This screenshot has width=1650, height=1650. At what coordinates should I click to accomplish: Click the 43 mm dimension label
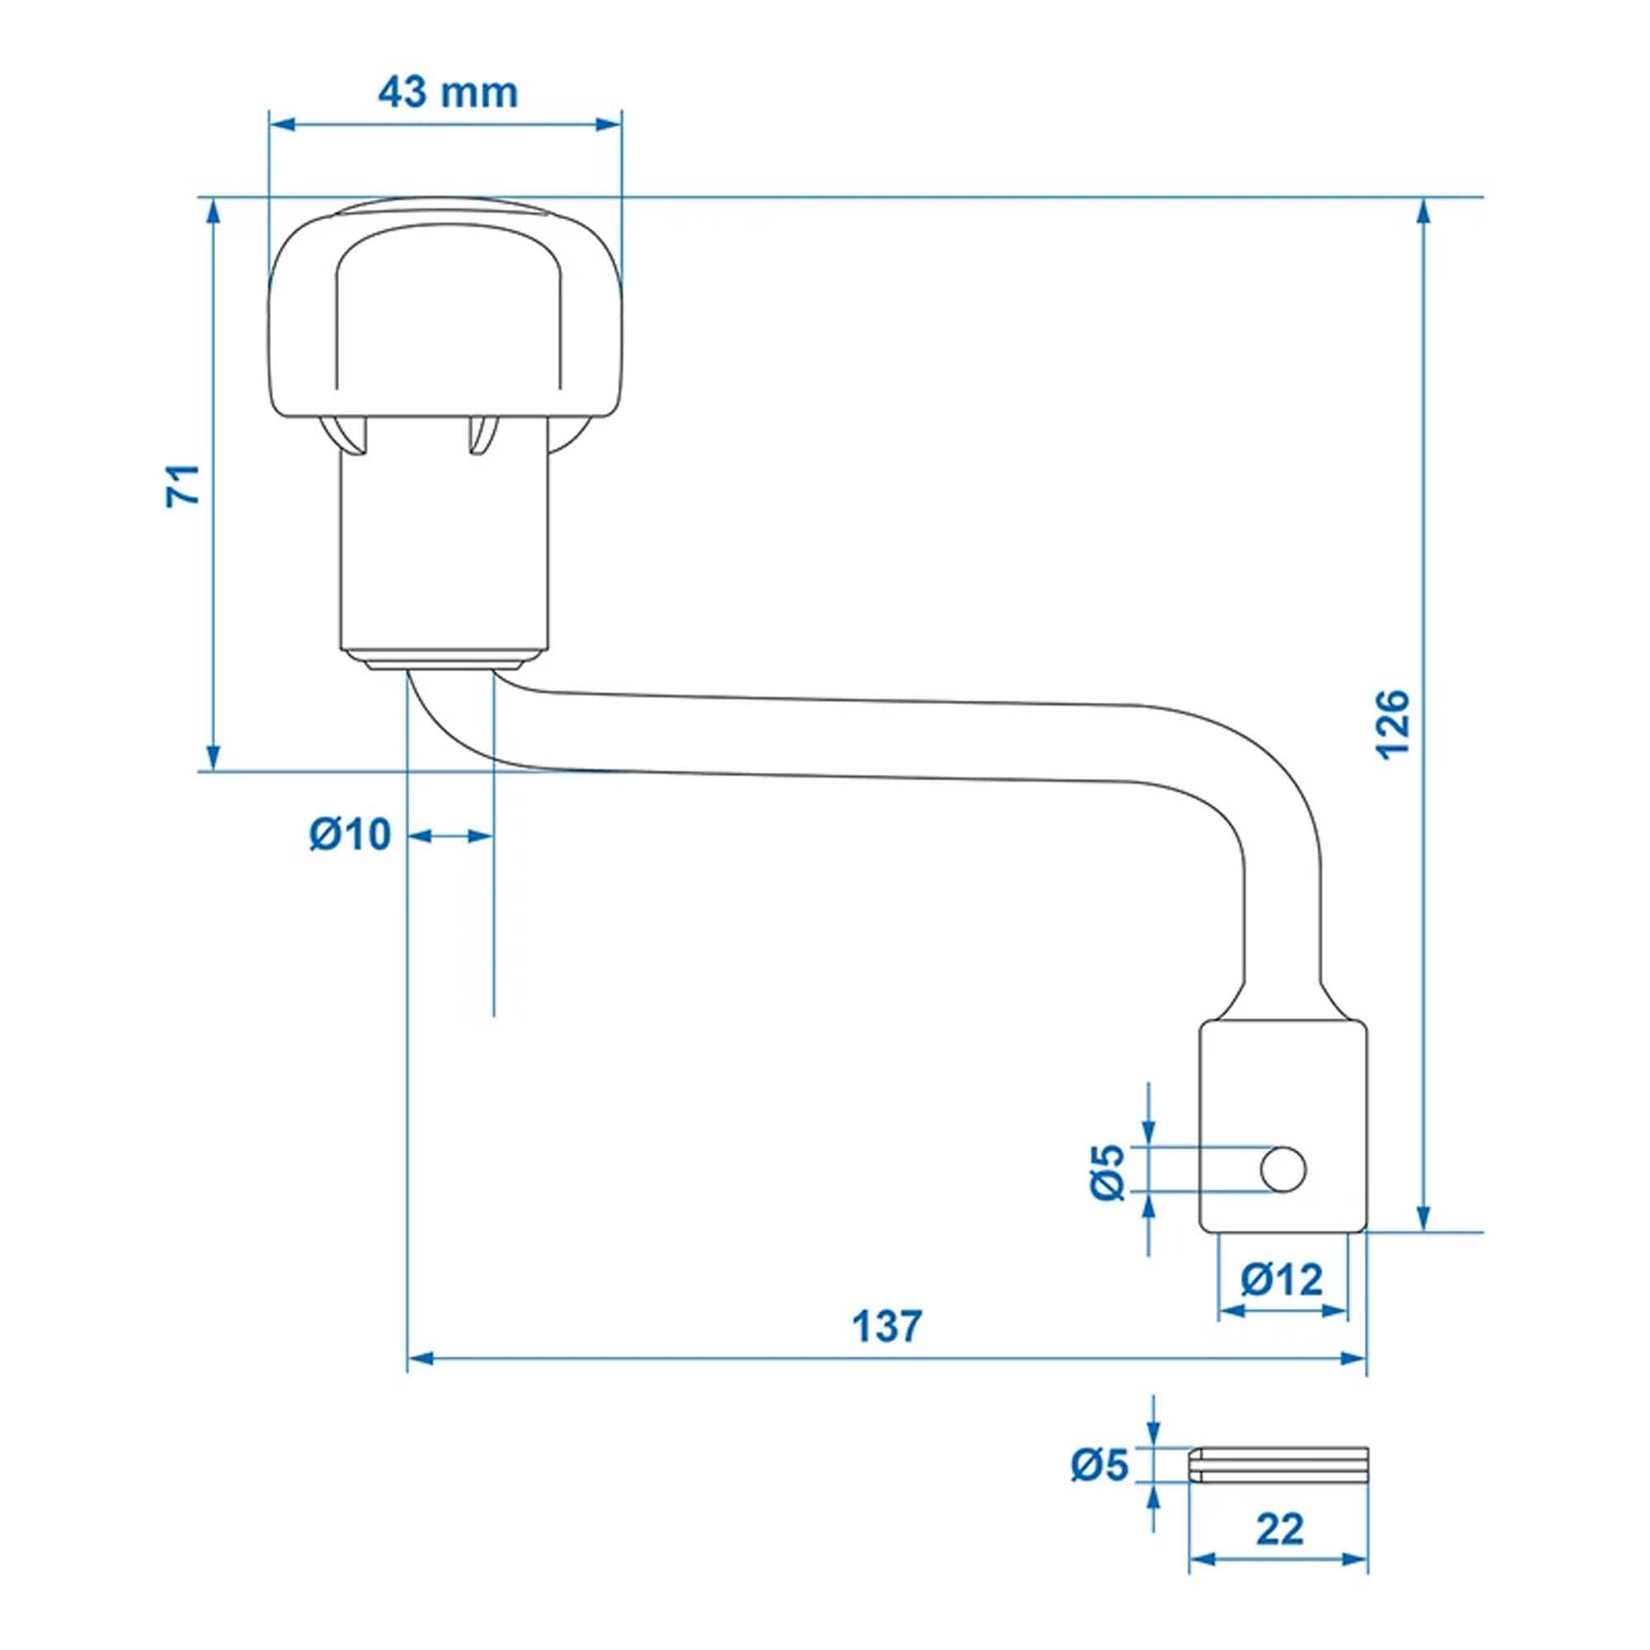(x=447, y=92)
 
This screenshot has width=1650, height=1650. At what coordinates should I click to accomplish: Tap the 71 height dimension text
(x=183, y=485)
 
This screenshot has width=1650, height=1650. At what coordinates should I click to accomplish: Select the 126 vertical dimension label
(x=1392, y=724)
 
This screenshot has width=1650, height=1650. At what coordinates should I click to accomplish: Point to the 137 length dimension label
(x=888, y=1327)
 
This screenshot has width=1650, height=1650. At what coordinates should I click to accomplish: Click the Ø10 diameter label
(x=350, y=834)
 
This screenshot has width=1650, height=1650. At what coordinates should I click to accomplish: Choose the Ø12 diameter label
(x=1281, y=1279)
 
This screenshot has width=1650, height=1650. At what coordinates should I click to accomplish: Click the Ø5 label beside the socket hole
(x=1110, y=1173)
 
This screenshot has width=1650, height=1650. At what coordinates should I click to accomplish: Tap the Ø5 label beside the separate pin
(x=1101, y=1464)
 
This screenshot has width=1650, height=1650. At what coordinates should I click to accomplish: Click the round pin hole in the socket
(x=1282, y=1169)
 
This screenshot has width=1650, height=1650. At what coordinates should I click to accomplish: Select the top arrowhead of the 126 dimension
(x=1424, y=210)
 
